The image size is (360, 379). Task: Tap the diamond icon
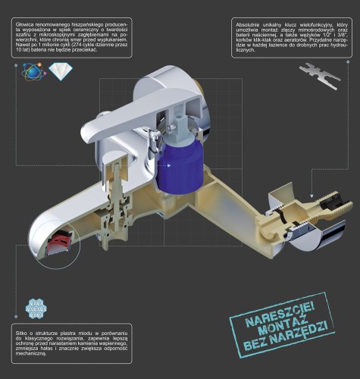coord(61,71)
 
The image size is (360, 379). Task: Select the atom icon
coord(34,71)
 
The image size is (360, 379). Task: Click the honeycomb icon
coord(36,309)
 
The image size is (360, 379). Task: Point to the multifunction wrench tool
coord(320,76)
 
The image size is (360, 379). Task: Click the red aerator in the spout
coord(61,240)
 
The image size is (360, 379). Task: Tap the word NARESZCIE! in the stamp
coord(280,315)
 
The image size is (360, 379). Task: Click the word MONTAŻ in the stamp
coord(283,327)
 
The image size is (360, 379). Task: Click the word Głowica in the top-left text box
coord(24,25)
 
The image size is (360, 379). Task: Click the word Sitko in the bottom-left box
coord(20,334)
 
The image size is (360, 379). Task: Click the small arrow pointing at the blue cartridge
coord(169,165)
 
